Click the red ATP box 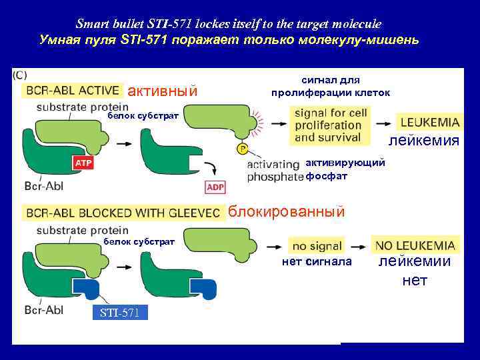pos(83,162)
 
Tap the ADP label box pos(215,187)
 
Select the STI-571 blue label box pos(120,313)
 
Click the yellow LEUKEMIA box pos(430,122)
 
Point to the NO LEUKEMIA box pos(415,245)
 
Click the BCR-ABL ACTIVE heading pos(73,90)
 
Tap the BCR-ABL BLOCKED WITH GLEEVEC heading pos(123,213)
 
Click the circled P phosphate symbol pos(241,148)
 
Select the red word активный pos(162,91)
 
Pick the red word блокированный pos(287,212)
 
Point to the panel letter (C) pos(19,75)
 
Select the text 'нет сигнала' pos(317,262)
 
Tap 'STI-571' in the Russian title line pos(145,40)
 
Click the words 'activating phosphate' pos(274,171)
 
